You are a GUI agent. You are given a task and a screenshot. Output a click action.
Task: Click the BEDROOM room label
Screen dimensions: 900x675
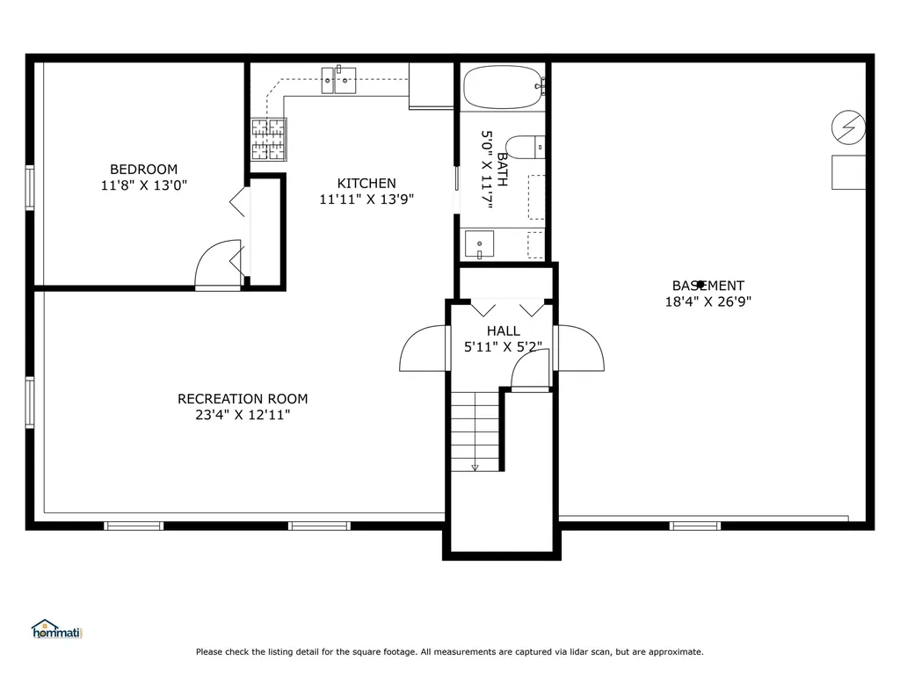(143, 170)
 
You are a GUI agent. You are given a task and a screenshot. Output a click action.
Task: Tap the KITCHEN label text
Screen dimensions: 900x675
(367, 183)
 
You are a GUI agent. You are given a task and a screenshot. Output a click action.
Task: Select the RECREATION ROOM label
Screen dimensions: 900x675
(243, 399)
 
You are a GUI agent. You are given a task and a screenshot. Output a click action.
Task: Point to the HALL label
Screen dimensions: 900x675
(504, 330)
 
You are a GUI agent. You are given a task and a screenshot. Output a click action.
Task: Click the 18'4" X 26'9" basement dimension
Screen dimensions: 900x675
(708, 301)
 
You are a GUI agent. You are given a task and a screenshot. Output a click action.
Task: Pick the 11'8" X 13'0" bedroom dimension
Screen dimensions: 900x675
(143, 185)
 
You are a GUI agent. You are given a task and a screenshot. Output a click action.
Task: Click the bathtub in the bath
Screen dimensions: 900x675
(504, 87)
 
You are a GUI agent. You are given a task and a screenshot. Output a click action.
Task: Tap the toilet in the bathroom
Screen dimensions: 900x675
(526, 148)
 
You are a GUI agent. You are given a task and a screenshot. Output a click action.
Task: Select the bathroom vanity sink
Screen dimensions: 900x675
(479, 245)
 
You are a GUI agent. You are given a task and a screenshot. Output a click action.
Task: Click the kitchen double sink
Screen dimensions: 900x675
(338, 80)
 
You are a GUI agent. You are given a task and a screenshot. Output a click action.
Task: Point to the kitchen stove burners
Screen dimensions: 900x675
(269, 140)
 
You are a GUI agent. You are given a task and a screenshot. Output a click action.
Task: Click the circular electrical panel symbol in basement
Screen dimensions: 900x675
(848, 127)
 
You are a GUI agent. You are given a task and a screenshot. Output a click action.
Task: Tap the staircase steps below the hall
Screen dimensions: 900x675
(475, 432)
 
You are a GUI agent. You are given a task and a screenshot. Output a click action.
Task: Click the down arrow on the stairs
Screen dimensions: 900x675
(475, 468)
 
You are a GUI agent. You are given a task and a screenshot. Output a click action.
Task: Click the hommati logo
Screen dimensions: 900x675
(57, 629)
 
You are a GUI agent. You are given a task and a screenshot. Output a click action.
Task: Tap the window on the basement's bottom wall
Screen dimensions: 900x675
(695, 526)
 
